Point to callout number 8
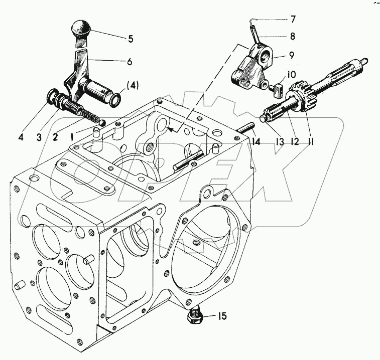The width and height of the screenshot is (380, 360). click(292, 36)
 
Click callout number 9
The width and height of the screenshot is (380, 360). click(292, 56)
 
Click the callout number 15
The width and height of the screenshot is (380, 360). click(221, 316)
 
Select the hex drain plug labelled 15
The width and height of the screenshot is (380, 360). click(195, 317)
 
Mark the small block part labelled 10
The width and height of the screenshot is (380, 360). click(276, 89)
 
